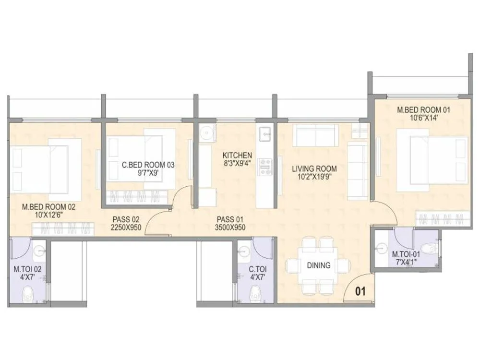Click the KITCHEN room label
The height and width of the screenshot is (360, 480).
[x=237, y=156]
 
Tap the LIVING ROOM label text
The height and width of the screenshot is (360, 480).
[x=314, y=169]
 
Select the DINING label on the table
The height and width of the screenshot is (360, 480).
[x=319, y=265]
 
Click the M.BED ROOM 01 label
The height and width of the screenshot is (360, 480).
[x=423, y=110]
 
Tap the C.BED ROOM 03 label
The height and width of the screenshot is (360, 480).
[x=148, y=165]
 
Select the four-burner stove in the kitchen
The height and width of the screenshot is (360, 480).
[x=264, y=166]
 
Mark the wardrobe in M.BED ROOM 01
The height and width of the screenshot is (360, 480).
[x=442, y=219]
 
